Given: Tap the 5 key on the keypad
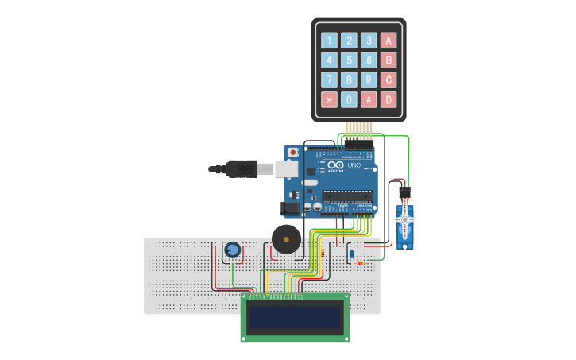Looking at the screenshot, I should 349,60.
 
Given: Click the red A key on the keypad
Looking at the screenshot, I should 388,41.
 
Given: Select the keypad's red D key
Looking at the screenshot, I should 388,100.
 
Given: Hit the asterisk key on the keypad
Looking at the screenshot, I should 329,100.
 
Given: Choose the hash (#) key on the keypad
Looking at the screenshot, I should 369,100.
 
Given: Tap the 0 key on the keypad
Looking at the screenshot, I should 349,100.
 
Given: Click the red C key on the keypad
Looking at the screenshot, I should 388,80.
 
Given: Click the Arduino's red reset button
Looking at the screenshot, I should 293,151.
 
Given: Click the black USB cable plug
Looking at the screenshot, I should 238,168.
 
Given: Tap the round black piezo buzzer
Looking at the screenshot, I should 286,238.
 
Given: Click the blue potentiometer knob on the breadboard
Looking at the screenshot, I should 232,250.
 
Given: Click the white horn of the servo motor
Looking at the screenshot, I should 405,219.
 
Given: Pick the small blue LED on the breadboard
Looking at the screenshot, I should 351,254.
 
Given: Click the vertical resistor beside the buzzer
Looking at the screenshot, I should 323,254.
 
